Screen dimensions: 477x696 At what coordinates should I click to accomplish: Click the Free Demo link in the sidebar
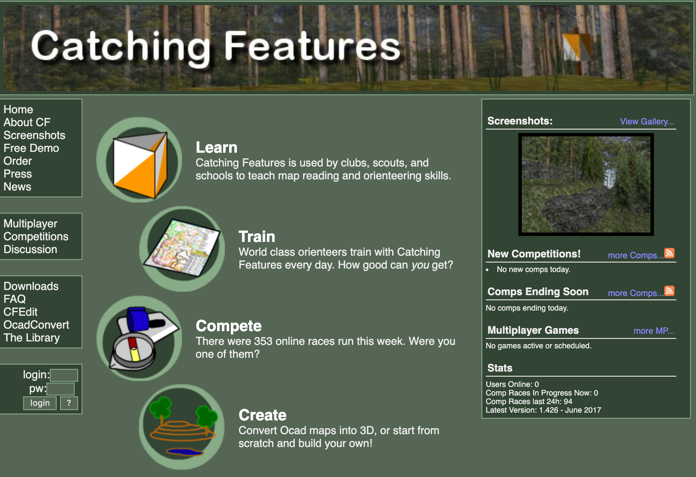(31, 148)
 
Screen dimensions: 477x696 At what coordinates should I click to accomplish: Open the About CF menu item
(27, 122)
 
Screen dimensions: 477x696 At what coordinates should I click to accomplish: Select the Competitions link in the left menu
(36, 236)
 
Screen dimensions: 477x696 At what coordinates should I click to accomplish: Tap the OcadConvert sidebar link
(36, 325)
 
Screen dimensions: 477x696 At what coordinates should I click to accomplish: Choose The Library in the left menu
(32, 338)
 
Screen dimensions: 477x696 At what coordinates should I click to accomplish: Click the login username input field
(64, 375)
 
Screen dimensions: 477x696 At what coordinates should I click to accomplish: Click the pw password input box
(61, 389)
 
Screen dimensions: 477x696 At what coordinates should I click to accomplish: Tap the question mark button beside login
(69, 403)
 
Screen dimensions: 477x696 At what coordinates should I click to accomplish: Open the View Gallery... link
(647, 121)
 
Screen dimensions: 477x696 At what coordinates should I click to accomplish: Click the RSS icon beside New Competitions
(669, 253)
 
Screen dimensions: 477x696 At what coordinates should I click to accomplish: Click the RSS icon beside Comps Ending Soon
(669, 291)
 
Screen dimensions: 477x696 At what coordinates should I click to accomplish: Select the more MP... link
(654, 331)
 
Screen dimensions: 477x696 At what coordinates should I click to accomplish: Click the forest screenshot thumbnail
(586, 184)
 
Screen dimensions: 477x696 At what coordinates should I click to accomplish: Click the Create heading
(262, 415)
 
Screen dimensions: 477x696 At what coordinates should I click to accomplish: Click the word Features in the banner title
(312, 46)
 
